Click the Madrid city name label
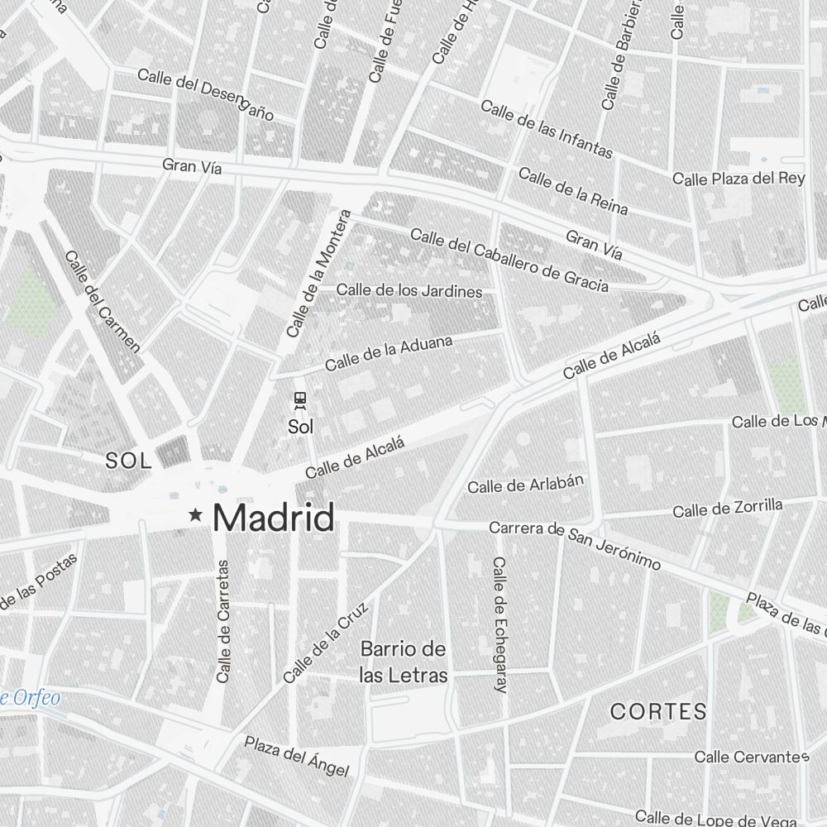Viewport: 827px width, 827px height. (x=274, y=518)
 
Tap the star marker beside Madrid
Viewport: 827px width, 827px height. (x=196, y=515)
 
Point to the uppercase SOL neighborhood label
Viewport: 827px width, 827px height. (x=129, y=462)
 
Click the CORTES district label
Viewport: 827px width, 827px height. (x=658, y=711)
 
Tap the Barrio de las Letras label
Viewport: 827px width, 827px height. (x=404, y=662)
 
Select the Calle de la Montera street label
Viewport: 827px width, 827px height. (x=318, y=274)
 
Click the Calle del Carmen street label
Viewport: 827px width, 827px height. (x=103, y=302)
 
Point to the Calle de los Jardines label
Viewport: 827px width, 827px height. (x=409, y=291)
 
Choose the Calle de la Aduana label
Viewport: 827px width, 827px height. (x=389, y=353)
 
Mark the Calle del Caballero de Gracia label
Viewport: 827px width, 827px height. (x=509, y=261)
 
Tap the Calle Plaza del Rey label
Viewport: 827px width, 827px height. (x=739, y=179)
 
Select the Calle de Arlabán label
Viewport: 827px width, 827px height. (x=526, y=484)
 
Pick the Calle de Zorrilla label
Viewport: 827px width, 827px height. (x=727, y=509)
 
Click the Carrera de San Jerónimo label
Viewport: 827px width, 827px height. (x=575, y=545)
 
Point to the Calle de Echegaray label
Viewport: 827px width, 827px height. (x=499, y=624)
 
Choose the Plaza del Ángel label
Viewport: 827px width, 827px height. (x=296, y=756)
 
